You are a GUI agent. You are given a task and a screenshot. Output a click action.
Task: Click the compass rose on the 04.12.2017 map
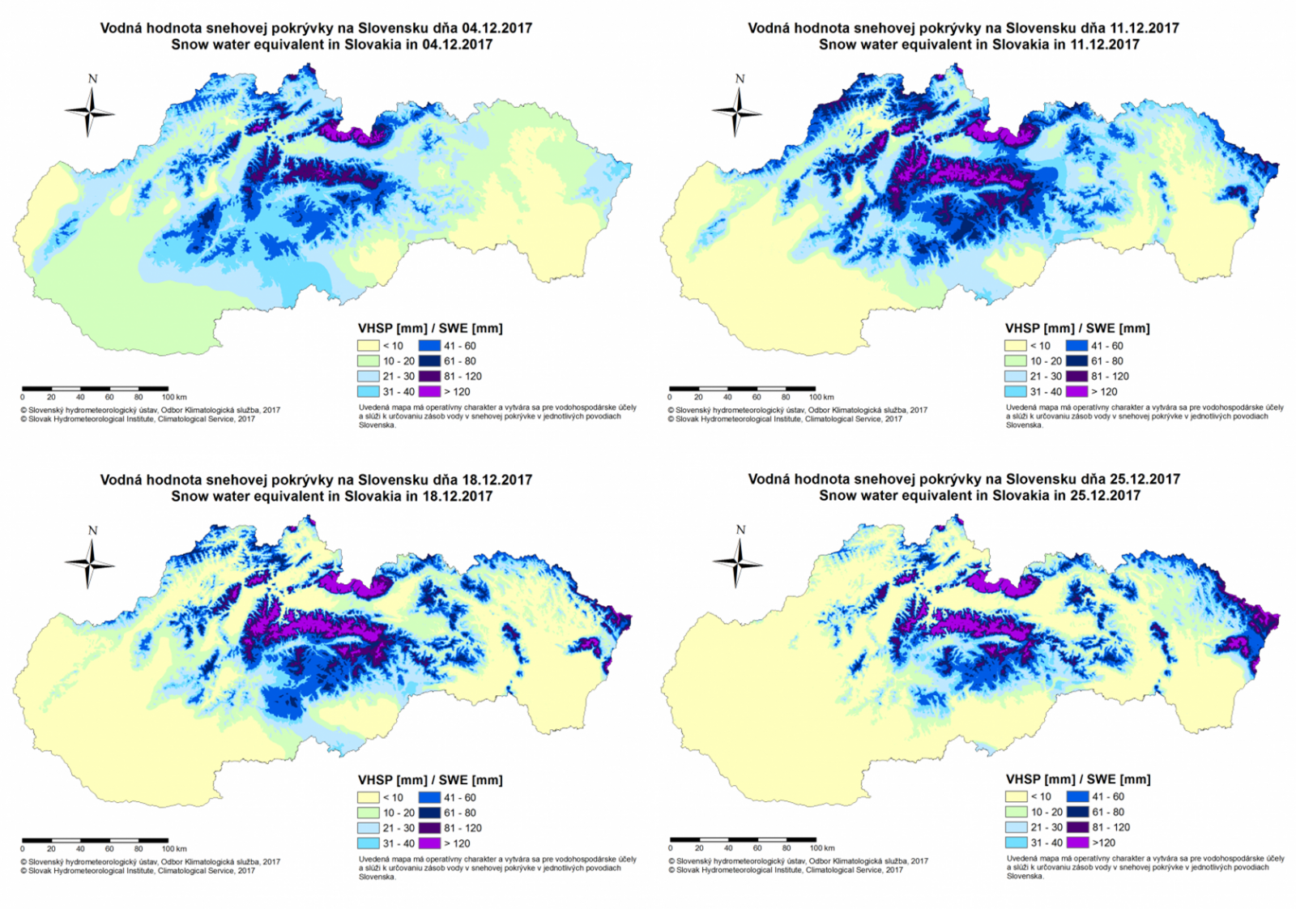tap(89, 112)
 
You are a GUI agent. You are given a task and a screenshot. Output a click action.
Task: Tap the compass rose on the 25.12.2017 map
tap(737, 561)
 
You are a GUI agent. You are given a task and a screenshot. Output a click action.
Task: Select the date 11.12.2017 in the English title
tap(1105, 45)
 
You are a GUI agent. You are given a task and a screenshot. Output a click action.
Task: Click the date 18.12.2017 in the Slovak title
tap(497, 480)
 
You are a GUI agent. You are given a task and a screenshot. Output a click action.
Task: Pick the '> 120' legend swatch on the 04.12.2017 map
tap(429, 391)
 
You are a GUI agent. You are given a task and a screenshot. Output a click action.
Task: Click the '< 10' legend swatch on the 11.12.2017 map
tap(1016, 346)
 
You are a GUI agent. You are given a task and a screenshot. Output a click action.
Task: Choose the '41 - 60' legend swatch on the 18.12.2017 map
tap(429, 798)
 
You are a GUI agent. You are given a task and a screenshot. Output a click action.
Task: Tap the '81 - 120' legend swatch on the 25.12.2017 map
tap(1077, 827)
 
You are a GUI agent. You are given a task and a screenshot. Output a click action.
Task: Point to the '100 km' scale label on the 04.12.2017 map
tap(174, 397)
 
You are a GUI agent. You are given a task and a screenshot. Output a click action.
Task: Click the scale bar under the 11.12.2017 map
tap(742, 389)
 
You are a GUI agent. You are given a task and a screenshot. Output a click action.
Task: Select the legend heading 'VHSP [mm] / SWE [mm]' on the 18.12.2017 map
tap(430, 780)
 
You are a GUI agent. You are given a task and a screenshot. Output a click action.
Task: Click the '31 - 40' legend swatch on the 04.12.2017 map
tap(369, 391)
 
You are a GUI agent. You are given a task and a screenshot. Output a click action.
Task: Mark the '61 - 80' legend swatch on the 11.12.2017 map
tap(1077, 361)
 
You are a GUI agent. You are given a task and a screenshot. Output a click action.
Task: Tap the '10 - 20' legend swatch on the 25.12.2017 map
tap(1017, 812)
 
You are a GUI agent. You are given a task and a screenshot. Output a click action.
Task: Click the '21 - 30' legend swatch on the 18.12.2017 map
tap(369, 828)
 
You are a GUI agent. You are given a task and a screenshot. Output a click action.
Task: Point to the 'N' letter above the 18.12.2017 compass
tap(92, 531)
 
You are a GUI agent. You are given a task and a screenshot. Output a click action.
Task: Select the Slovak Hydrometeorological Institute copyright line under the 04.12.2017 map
tap(138, 419)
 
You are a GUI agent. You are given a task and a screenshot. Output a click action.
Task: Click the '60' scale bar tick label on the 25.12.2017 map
tap(757, 848)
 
